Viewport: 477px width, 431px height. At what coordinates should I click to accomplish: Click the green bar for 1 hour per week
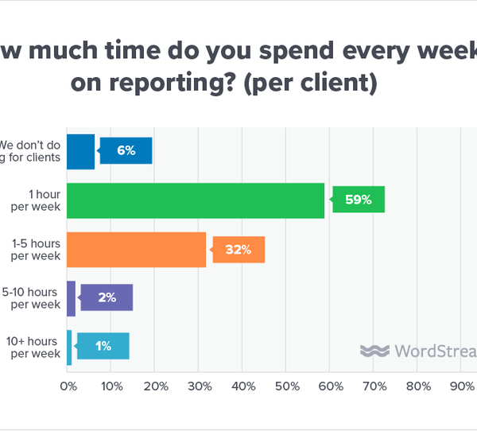click(x=196, y=200)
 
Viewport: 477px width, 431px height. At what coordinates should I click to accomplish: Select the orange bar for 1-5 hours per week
click(x=137, y=249)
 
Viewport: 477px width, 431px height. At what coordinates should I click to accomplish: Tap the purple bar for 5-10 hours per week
click(x=71, y=298)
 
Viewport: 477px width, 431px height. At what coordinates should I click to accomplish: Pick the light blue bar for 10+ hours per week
click(x=69, y=347)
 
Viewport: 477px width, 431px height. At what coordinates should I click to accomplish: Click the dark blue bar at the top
click(x=80, y=151)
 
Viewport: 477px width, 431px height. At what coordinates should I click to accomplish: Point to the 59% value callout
click(x=359, y=200)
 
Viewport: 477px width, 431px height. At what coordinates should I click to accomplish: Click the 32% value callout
click(x=238, y=249)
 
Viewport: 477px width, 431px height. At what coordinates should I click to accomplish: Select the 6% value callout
click(x=126, y=150)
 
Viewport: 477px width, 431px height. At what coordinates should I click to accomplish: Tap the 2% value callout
click(x=107, y=297)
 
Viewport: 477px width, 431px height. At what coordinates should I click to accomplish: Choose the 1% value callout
click(x=103, y=347)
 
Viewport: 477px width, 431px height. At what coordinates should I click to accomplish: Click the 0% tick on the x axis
click(x=68, y=386)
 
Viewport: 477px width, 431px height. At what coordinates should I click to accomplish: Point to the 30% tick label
click(x=200, y=386)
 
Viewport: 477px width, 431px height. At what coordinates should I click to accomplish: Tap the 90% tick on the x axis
click(x=462, y=386)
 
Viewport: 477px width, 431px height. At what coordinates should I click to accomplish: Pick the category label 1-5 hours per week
click(x=37, y=250)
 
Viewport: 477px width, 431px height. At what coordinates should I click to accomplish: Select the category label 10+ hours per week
click(x=34, y=348)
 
